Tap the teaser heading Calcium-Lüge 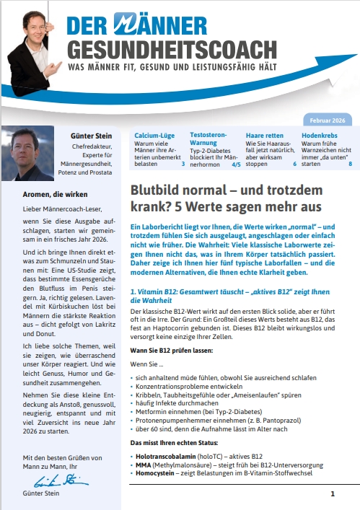point(155,135)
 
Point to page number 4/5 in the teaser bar point(235,164)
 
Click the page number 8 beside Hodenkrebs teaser point(350,164)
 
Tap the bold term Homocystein point(159,474)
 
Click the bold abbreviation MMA point(144,465)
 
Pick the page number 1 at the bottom point(333,494)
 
